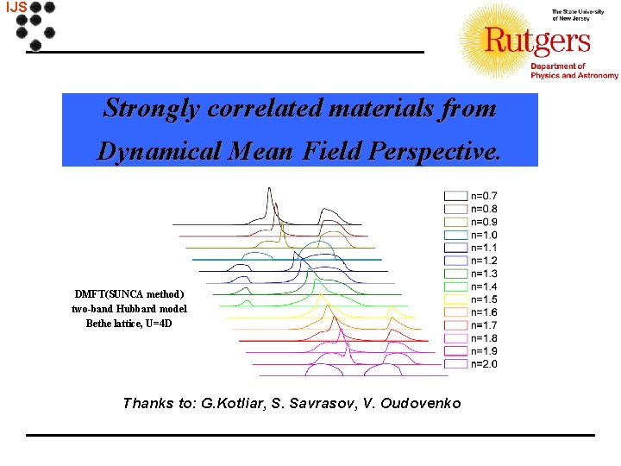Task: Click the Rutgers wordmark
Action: (536, 41)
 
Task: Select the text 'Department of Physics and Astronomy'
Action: (573, 71)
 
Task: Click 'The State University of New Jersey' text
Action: (574, 15)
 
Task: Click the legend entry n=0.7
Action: (483, 195)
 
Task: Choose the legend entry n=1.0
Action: (483, 234)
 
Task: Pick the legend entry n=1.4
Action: (483, 286)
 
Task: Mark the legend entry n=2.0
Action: (483, 363)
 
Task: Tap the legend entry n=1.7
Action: (483, 324)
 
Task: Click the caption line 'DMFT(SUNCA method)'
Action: (129, 293)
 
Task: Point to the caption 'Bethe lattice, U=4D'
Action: (129, 323)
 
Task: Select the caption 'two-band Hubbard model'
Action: (129, 308)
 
